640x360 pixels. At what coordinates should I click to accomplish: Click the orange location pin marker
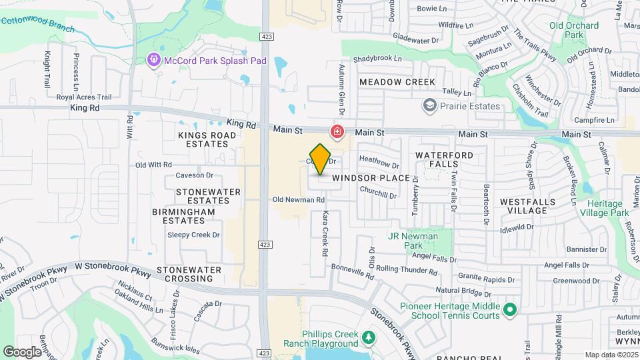pos(320,159)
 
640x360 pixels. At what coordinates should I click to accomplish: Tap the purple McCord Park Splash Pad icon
pos(154,61)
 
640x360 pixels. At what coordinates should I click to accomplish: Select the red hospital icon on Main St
pos(338,131)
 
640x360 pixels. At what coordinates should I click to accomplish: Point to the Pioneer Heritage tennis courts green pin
pos(510,309)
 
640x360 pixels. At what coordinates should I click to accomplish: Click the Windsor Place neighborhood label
pos(371,178)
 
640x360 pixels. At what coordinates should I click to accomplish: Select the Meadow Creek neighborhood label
pos(397,82)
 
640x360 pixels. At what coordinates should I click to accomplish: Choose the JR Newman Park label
pos(413,241)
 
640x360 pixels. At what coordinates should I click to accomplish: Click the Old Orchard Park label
pos(565,29)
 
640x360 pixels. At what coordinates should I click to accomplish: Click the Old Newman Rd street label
pos(298,199)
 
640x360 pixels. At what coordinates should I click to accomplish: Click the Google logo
pos(21,351)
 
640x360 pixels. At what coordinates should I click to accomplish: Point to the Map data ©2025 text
pos(610,355)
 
